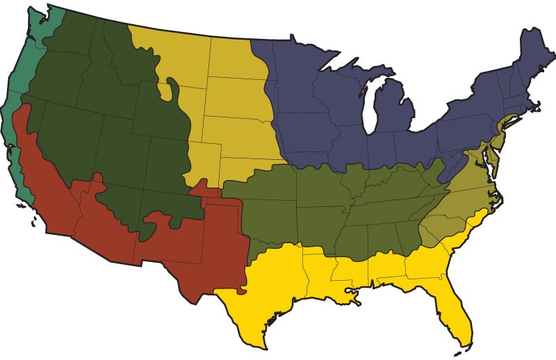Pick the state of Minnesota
[292, 69]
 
